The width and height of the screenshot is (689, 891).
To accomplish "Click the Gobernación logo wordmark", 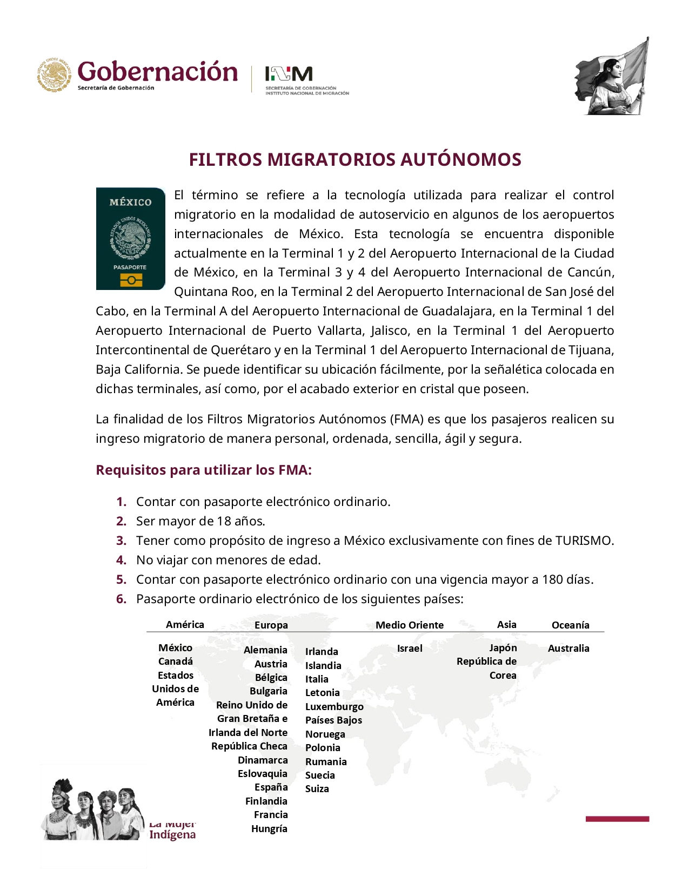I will [157, 72].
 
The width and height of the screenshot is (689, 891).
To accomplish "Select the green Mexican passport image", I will [130, 239].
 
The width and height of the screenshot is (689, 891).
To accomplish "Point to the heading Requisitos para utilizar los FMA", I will [204, 470].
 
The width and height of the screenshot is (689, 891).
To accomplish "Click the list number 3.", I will [122, 541].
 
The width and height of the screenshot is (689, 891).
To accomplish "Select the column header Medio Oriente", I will [410, 625].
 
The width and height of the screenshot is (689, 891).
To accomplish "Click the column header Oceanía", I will [570, 625].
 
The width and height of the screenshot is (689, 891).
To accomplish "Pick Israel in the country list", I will [410, 648].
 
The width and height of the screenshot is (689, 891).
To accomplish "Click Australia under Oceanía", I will [568, 648].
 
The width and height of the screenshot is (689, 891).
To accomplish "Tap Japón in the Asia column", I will [503, 647].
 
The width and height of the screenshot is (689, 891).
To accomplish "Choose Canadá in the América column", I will [176, 661].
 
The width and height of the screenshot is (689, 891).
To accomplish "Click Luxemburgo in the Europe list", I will [334, 706].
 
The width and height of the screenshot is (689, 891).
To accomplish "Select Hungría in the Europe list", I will [269, 828].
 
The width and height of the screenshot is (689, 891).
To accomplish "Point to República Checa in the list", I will [249, 746].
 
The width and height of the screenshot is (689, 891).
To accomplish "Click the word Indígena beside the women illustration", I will [172, 835].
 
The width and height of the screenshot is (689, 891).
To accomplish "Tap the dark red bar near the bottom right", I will [617, 819].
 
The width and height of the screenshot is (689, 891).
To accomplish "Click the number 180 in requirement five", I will [553, 579].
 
